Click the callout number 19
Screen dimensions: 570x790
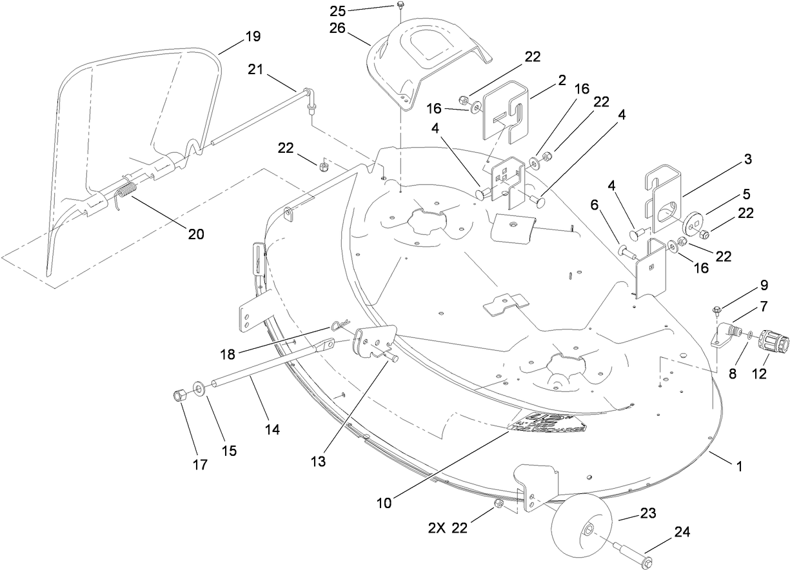[253, 36]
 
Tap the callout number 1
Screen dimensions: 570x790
[739, 465]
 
